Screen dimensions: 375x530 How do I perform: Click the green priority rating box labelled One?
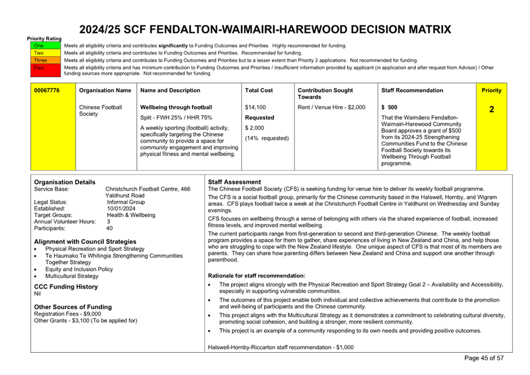[x=39, y=45]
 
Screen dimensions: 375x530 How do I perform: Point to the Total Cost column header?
[x=259, y=90]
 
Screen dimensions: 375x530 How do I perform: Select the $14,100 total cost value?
[x=255, y=107]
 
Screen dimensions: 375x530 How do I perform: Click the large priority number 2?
[x=491, y=109]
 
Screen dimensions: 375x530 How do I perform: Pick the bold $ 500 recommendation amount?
[x=389, y=107]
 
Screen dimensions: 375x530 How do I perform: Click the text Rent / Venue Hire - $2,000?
[x=331, y=107]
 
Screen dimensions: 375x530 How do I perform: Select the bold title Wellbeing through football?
[x=176, y=107]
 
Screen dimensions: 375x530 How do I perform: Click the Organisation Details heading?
[x=65, y=182]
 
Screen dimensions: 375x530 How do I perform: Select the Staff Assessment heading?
[x=234, y=182]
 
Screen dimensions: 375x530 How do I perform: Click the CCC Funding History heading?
[x=66, y=287]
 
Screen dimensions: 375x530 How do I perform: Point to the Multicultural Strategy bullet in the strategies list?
[x=72, y=276]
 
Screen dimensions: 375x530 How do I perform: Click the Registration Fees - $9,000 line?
[x=68, y=314]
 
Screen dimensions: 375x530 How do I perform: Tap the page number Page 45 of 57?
[x=483, y=358]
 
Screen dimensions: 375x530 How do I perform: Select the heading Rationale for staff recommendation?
[x=256, y=276]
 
